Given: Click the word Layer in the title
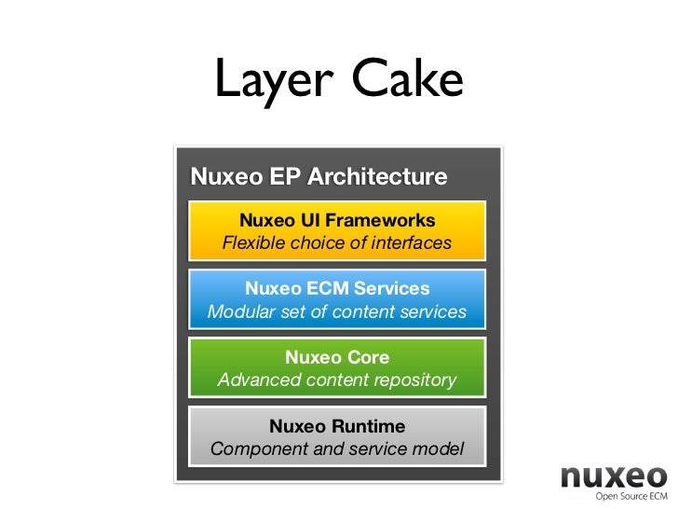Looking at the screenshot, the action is pos(271,81).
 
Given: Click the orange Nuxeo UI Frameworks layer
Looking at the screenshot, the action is pos(337,231).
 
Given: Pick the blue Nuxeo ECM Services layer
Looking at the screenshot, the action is pos(337,299).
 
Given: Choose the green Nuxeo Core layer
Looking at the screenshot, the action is pos(337,368).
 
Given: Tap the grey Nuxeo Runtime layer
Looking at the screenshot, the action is pos(337,436).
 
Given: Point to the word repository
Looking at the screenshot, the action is pos(413,380).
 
